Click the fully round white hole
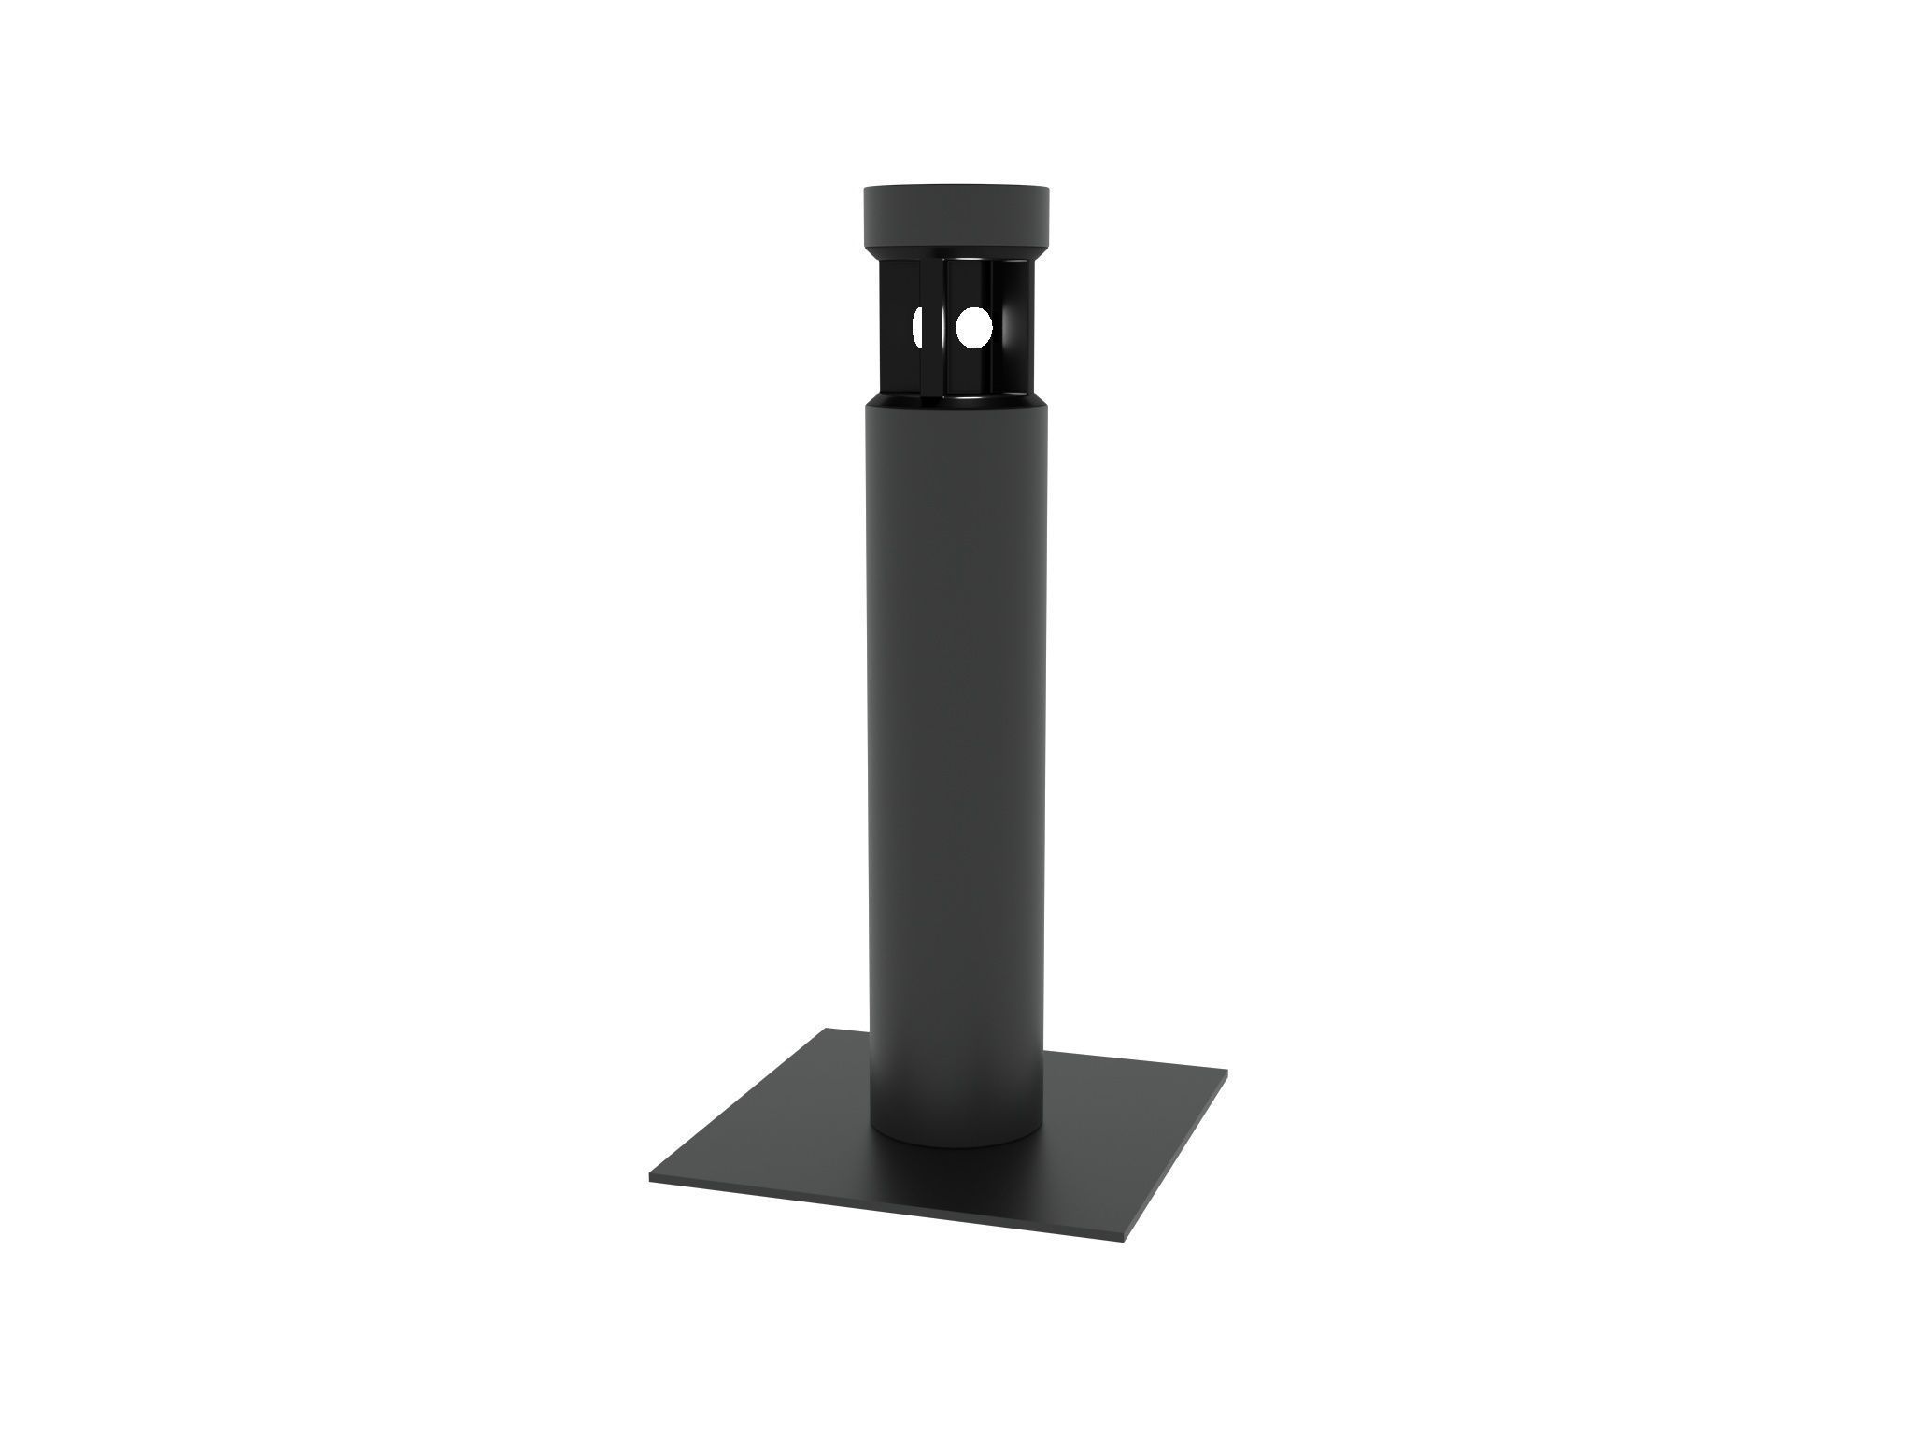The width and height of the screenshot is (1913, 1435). point(973,327)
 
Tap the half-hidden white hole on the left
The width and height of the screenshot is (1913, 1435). point(917,327)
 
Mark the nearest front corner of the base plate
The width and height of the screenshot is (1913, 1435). point(1121,1240)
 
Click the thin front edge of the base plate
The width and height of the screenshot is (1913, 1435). point(887,1210)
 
